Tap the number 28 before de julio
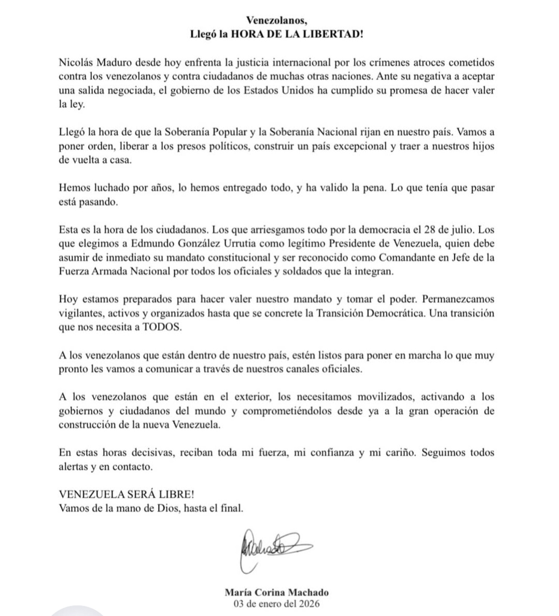435,244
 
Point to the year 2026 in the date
309,604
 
